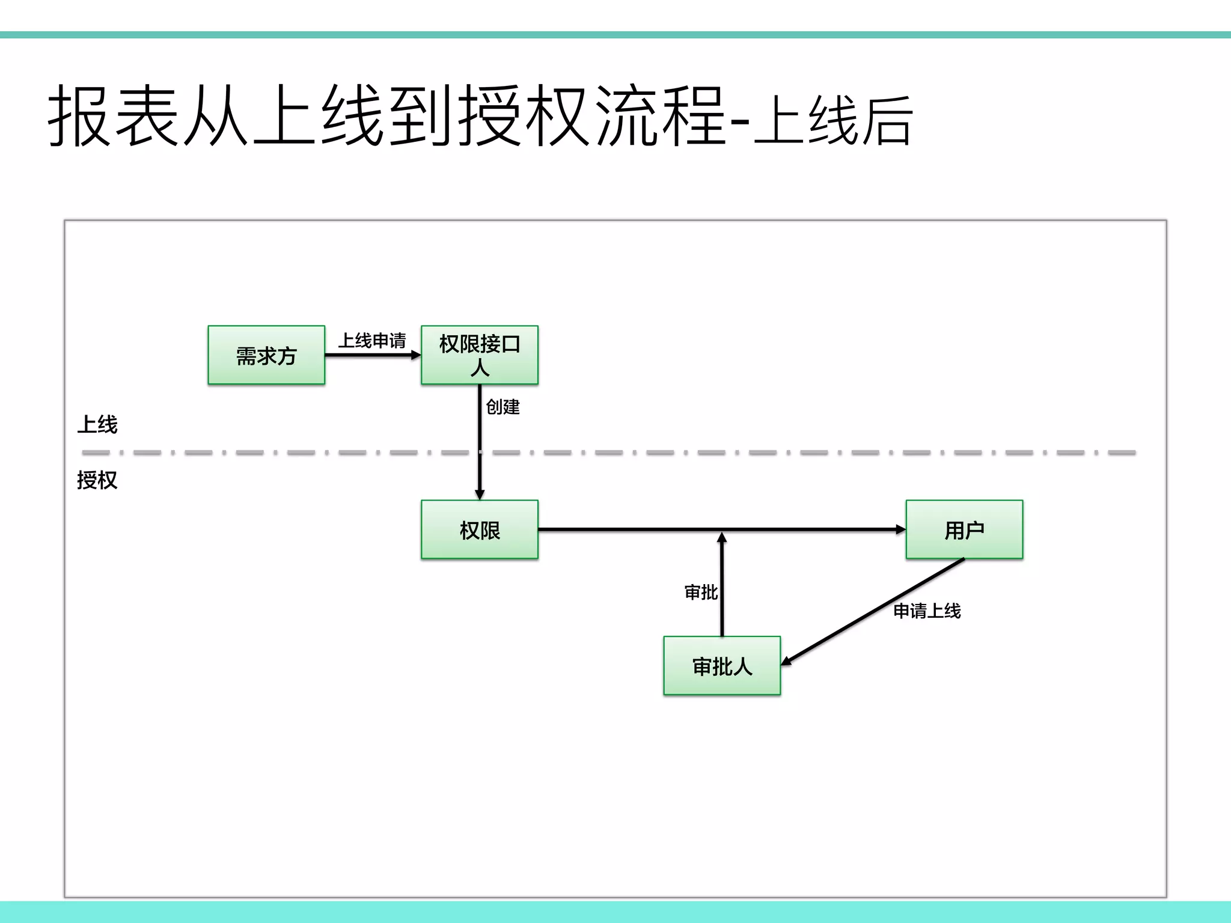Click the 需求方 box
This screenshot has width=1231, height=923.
266,355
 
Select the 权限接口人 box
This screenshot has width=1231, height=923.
479,355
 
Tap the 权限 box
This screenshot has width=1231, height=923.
479,529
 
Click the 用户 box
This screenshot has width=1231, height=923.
964,529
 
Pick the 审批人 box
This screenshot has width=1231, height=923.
722,666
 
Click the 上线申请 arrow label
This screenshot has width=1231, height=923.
372,341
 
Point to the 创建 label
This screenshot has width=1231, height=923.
502,407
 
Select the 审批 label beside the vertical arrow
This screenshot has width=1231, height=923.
701,592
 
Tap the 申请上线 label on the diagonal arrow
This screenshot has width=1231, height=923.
927,611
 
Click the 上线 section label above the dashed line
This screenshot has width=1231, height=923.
97,425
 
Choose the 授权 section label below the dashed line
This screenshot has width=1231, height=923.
97,480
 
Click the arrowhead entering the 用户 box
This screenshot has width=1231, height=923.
900,529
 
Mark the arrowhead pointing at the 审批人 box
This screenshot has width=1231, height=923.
786,661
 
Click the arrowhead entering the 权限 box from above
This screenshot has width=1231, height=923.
480,495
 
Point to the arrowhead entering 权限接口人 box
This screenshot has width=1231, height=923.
416,355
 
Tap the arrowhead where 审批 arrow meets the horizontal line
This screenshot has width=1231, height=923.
722,537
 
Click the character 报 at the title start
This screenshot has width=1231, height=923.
79,115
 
